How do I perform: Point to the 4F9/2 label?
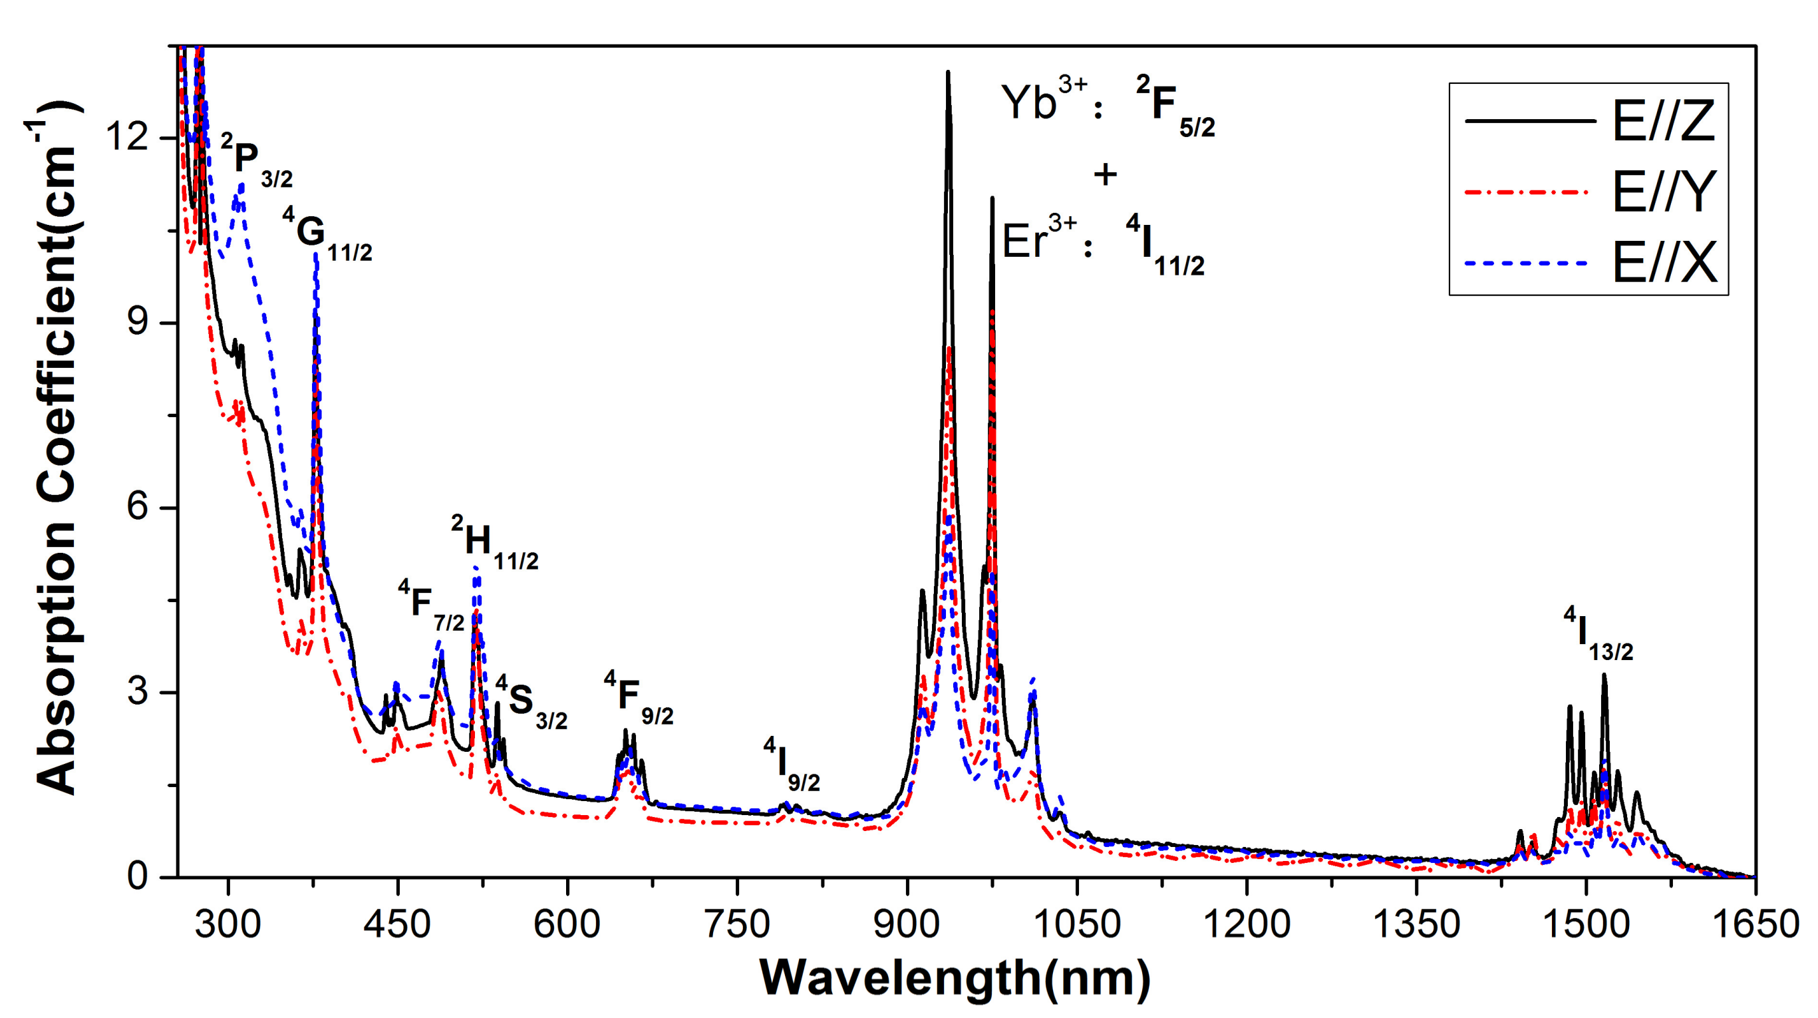coord(638,699)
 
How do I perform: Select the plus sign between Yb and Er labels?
coord(1105,174)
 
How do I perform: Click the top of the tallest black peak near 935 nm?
coord(948,72)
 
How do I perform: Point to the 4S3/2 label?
coord(531,703)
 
